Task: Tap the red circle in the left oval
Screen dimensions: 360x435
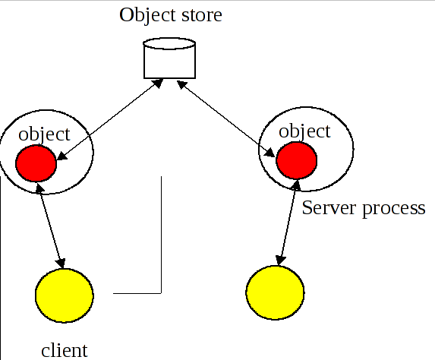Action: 36,163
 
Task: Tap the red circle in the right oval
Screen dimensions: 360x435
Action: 296,160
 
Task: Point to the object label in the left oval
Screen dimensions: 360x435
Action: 44,134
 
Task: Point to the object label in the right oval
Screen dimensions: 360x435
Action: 305,131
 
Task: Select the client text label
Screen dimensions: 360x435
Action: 65,350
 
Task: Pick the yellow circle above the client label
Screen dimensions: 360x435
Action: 65,295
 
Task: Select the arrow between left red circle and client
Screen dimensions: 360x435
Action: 50,226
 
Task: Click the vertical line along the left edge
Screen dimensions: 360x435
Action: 2,266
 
